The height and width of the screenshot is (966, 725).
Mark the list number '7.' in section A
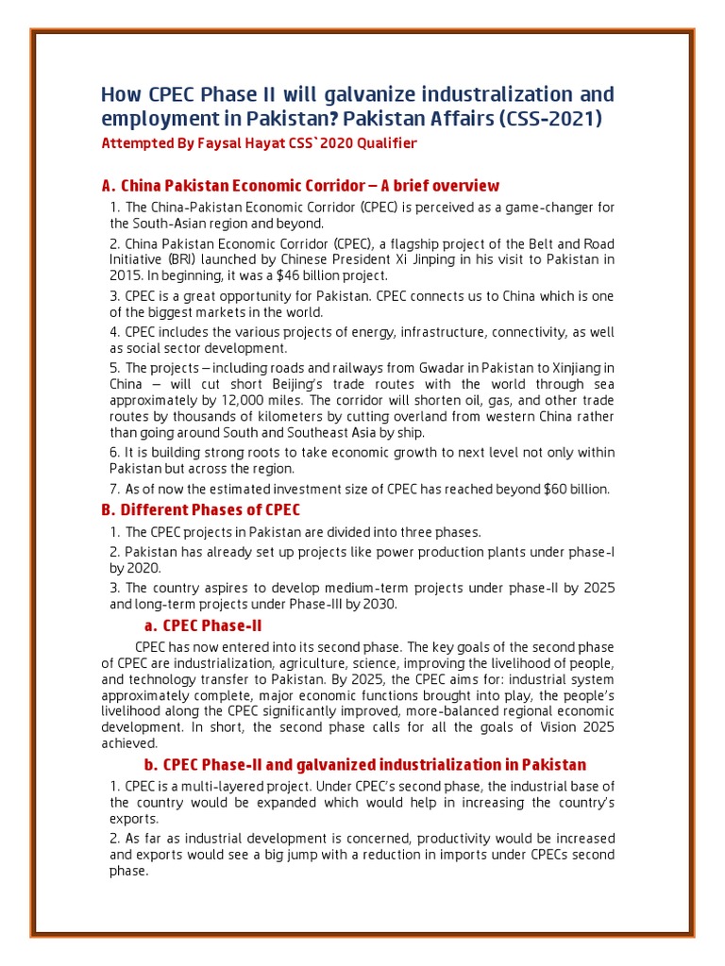tap(115, 489)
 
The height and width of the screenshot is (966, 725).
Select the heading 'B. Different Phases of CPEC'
tap(200, 510)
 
